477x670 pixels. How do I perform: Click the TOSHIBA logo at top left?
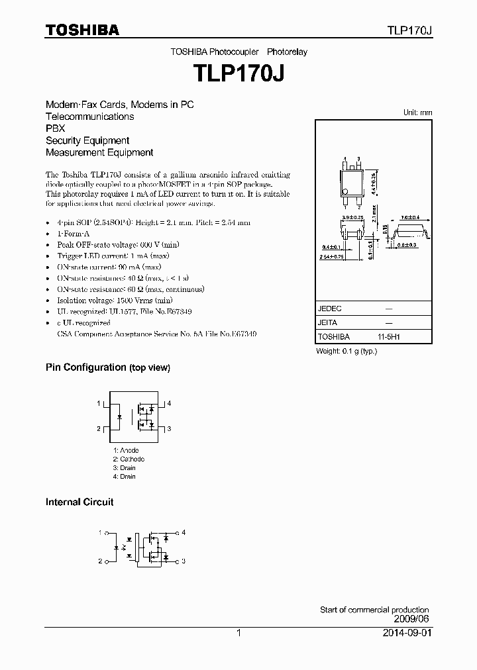(82, 30)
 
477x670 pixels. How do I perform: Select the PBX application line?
(55, 128)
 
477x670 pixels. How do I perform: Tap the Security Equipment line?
(87, 140)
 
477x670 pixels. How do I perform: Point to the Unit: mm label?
(417, 113)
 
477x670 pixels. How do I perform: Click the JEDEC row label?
(330, 309)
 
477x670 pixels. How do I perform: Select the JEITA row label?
(327, 322)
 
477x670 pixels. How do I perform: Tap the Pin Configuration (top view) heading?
(108, 367)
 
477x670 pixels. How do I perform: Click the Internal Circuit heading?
(79, 502)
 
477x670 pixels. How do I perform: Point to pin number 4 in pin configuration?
(169, 403)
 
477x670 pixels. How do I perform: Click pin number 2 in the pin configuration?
(99, 429)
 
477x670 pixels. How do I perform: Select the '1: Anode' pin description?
(125, 450)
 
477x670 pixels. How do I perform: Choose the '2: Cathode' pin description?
(128, 459)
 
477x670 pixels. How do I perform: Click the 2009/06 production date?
(411, 619)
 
